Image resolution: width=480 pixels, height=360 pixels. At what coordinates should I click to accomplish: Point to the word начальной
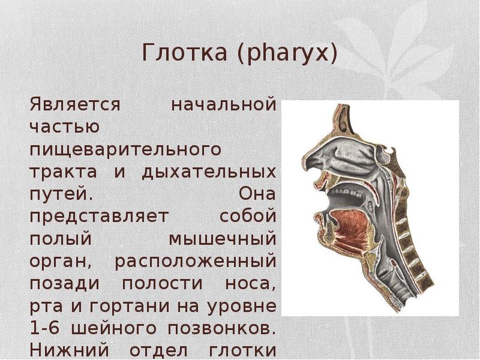[224, 104]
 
